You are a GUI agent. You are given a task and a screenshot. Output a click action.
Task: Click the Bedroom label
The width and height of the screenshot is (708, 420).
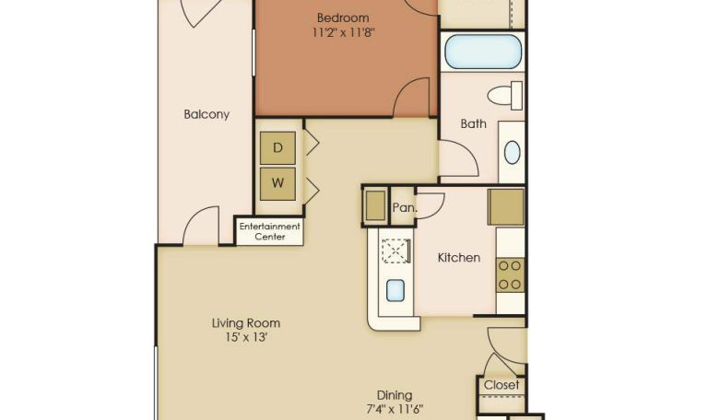(343, 18)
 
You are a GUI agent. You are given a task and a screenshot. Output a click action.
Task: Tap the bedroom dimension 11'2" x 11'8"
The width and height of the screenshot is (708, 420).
(344, 32)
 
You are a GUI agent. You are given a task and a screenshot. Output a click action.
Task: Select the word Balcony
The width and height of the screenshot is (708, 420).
(206, 114)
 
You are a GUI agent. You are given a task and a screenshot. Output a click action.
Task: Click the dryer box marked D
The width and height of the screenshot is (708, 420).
(277, 148)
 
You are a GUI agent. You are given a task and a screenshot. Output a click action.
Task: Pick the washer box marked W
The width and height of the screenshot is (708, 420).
(277, 183)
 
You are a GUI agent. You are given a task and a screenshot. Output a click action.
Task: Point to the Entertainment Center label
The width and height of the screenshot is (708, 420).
(269, 231)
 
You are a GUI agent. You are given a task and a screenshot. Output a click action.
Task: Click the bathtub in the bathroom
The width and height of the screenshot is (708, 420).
(483, 52)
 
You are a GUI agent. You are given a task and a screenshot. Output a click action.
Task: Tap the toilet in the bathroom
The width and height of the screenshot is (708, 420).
(505, 96)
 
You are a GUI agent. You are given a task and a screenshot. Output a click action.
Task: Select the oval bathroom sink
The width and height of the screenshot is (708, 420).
(512, 153)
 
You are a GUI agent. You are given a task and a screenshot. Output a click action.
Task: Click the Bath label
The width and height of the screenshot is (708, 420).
(473, 123)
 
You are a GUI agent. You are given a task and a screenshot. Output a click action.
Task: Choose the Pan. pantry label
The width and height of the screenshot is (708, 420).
(404, 207)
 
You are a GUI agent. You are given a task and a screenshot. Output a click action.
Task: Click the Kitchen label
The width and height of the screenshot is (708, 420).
(459, 258)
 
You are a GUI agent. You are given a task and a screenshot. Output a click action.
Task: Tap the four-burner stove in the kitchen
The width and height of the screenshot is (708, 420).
(510, 275)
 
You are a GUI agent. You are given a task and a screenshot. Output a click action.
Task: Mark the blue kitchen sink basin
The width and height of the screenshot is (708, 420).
(395, 290)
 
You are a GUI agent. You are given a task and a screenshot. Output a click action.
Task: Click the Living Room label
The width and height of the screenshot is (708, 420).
(246, 323)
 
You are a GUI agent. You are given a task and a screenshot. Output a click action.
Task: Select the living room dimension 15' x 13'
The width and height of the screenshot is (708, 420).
(246, 337)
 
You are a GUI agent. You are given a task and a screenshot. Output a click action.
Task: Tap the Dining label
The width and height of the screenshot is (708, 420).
(395, 396)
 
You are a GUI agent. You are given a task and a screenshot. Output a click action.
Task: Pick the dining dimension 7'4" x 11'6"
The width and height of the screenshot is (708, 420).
(395, 410)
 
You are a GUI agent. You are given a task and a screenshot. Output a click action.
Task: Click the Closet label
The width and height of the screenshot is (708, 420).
(501, 385)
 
